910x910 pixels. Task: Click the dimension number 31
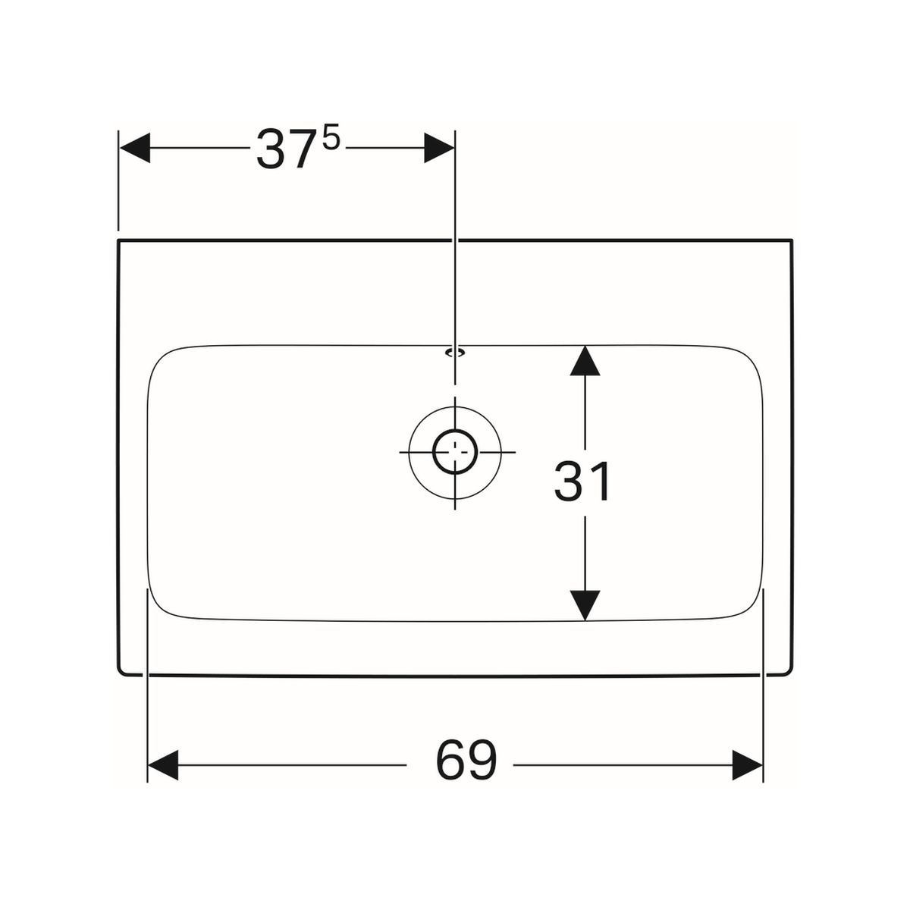coord(582,481)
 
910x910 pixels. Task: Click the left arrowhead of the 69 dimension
coord(163,765)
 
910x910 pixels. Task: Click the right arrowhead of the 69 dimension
coord(748,765)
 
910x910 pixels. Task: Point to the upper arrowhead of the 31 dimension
coord(585,361)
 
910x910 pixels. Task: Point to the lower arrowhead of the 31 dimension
coord(585,605)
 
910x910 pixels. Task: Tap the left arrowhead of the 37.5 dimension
coord(135,148)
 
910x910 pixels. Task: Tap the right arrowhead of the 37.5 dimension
coord(439,148)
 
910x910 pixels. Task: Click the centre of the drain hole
coord(455,452)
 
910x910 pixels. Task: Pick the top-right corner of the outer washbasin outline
coord(792,240)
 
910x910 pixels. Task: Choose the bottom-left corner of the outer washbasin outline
coord(120,673)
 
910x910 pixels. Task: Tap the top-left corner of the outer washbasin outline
coord(118,240)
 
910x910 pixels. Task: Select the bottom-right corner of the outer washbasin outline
coord(790,673)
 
